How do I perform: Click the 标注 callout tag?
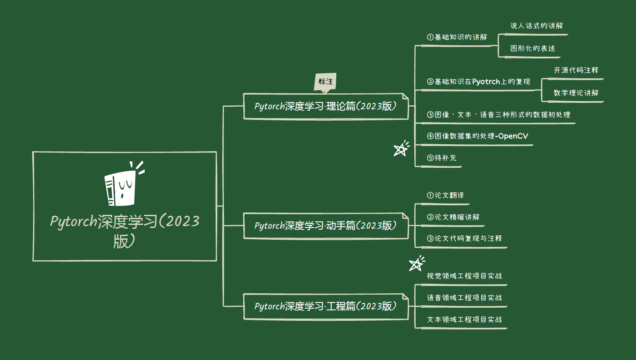pos(325,82)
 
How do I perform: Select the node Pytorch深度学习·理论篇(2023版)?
pos(325,106)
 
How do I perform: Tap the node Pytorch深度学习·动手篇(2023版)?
pos(325,226)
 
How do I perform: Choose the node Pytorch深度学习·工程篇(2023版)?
pos(325,306)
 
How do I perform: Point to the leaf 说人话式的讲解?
pos(536,26)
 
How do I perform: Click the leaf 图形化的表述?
pos(532,48)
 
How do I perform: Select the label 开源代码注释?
pos(576,71)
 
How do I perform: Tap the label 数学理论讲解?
pos(576,93)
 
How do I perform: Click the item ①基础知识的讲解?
pos(457,37)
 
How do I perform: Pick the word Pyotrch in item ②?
pos(486,82)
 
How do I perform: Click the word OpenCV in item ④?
pos(513,136)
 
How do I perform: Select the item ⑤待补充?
pos(441,158)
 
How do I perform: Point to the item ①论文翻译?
pos(445,195)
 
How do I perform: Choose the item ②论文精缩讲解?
pos(453,217)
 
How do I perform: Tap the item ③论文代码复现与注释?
pos(464,238)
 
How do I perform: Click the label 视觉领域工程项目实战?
pos(464,276)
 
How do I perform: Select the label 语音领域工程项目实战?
pos(464,298)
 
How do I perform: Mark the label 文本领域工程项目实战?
pos(464,319)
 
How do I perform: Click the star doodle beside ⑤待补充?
pos(401,149)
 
